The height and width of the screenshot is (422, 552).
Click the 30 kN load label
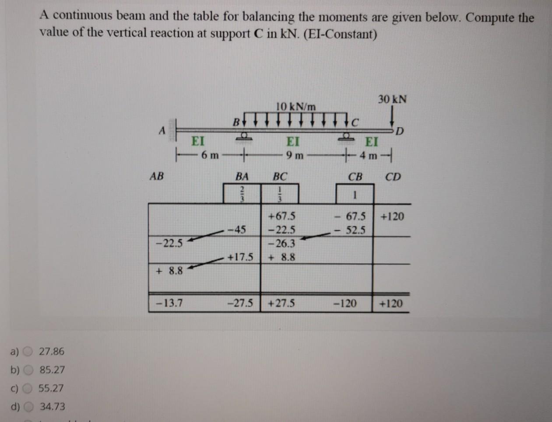(x=392, y=99)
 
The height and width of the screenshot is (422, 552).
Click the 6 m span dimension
(x=210, y=155)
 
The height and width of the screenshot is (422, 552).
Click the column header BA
(x=242, y=177)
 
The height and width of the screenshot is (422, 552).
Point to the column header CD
(x=392, y=177)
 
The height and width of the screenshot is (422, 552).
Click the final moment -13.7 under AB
(x=169, y=303)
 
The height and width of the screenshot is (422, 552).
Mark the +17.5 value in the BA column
(x=241, y=257)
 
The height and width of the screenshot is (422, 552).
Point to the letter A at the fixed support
(x=161, y=130)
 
